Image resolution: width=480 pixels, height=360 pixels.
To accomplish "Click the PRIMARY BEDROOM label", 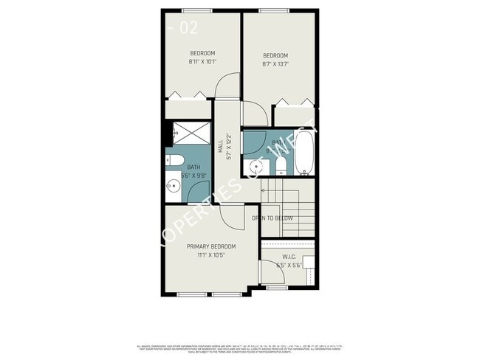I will click(210, 246).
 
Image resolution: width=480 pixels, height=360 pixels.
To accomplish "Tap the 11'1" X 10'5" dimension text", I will click(210, 255).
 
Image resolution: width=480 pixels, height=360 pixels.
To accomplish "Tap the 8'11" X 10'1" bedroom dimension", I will click(202, 62).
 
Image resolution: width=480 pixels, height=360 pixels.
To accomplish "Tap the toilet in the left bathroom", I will click(175, 160).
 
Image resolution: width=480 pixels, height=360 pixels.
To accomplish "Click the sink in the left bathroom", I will click(174, 186).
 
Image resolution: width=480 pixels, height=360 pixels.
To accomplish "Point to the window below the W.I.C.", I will click(277, 288).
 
